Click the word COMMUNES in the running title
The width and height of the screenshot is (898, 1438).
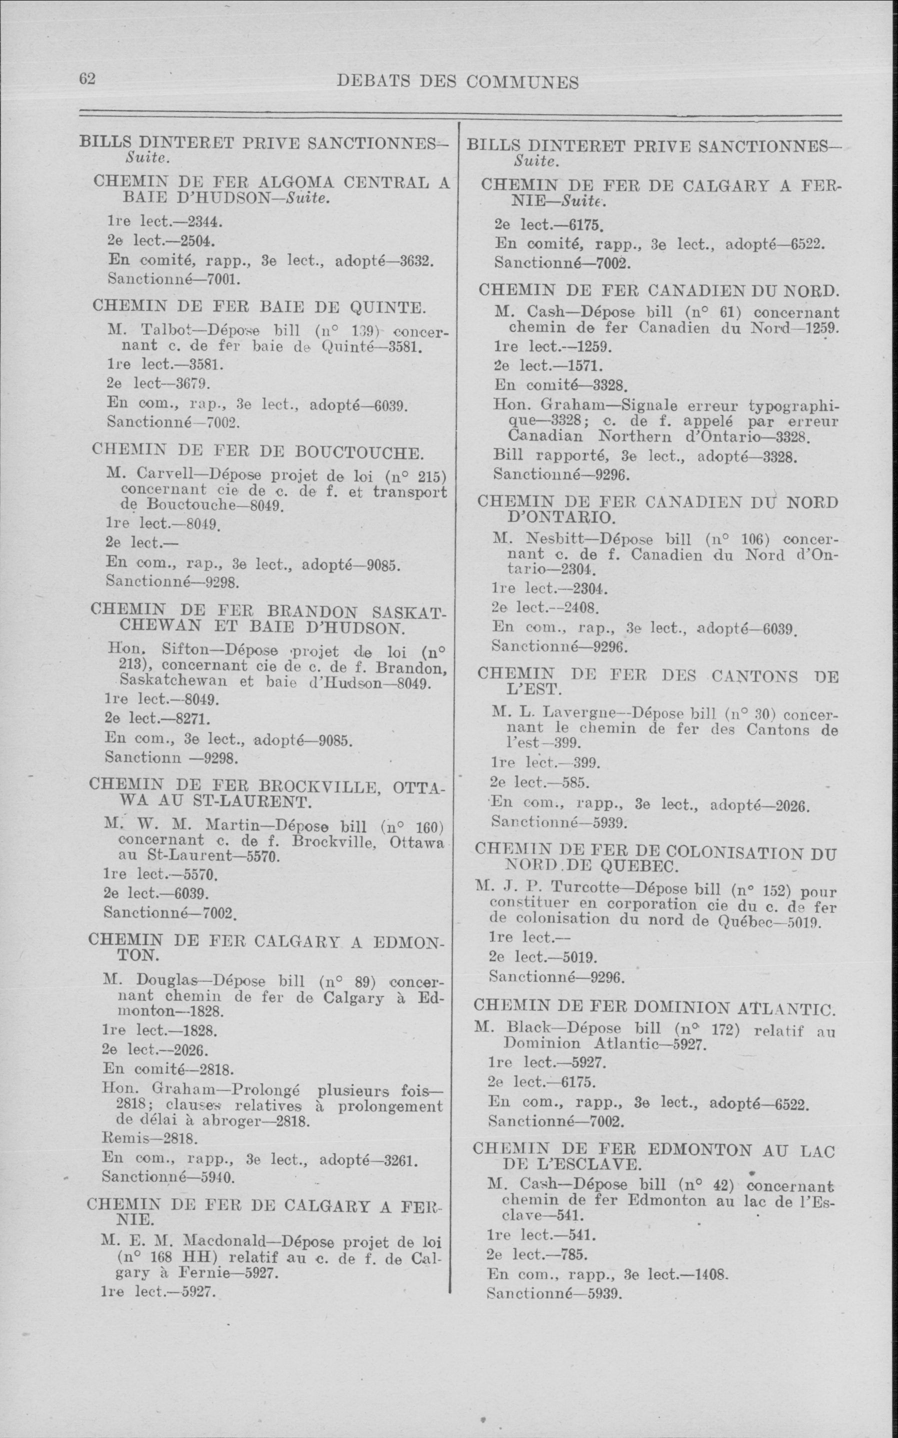522,82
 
